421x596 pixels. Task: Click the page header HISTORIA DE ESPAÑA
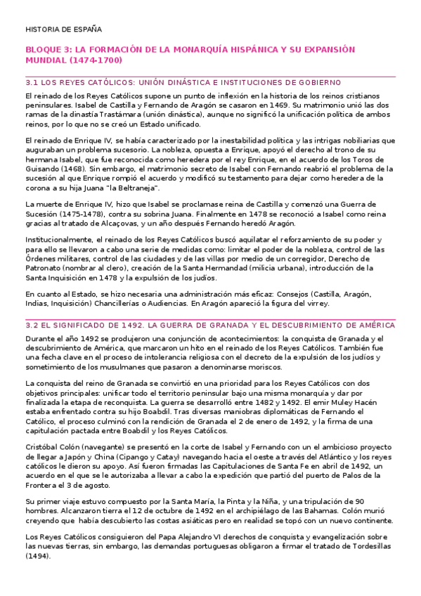point(63,30)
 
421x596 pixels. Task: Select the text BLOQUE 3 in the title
point(46,50)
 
